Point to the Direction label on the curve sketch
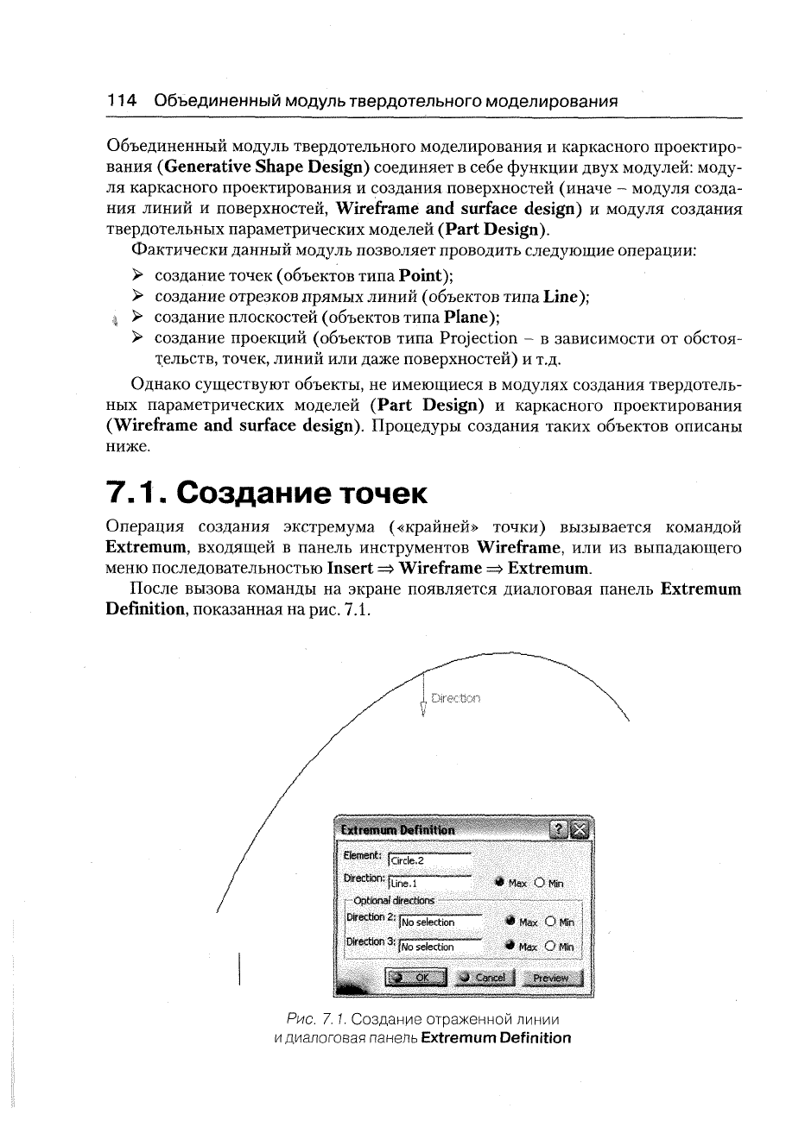(456, 698)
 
